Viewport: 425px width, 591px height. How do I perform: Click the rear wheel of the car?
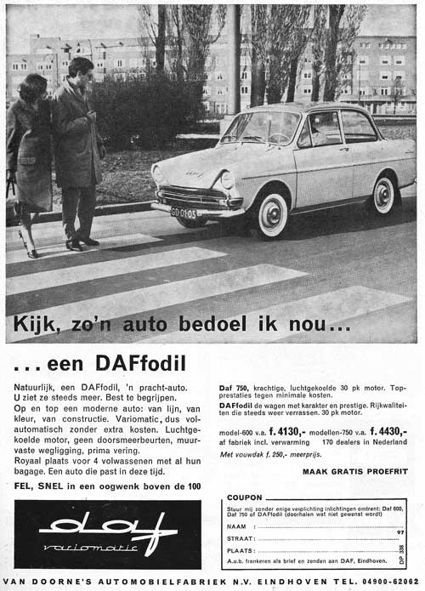click(384, 196)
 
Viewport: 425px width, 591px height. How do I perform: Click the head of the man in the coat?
click(82, 67)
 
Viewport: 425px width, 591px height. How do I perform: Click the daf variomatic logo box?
click(108, 534)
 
